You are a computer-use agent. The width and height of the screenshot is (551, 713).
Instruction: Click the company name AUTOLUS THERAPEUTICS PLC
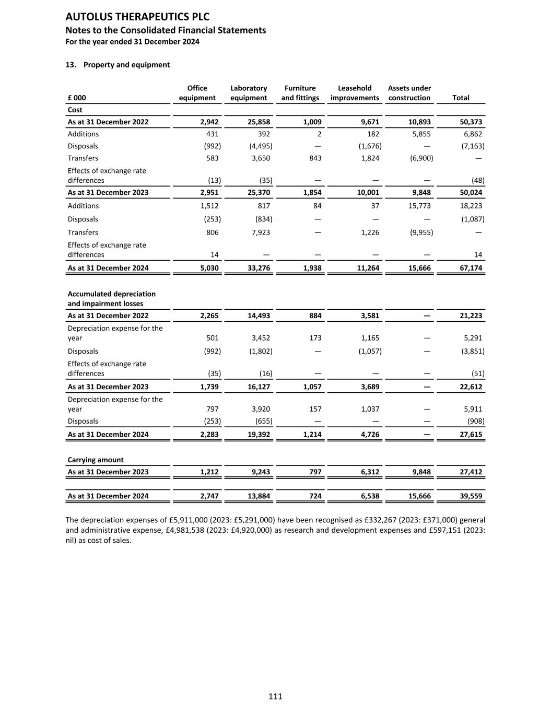point(137,17)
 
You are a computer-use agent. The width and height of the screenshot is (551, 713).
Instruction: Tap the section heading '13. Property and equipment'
point(118,65)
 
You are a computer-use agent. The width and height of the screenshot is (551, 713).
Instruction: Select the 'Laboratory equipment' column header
point(249,93)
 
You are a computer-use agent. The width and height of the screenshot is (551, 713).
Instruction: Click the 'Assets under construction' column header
point(409,93)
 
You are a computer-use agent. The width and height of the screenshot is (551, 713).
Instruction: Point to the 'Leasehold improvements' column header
point(355,93)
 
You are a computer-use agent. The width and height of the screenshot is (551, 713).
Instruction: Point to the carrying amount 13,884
point(259,496)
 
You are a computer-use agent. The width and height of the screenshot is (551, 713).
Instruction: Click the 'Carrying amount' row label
point(96,460)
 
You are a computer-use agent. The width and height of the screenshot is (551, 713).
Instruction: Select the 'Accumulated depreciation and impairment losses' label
point(111,299)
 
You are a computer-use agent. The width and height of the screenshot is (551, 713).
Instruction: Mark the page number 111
point(275,696)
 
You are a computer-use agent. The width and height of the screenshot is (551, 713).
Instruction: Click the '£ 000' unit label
point(77,98)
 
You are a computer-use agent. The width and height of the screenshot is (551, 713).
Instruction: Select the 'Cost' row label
point(75,110)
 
